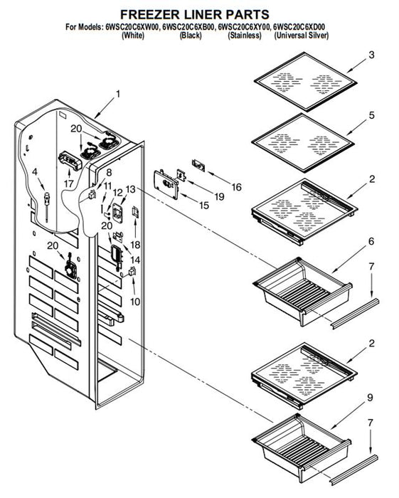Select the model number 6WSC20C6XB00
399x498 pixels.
coord(188,27)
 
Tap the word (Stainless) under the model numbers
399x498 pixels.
coord(245,35)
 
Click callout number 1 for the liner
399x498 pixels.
coord(118,95)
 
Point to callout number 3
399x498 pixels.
coord(371,55)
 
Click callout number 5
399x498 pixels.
coord(372,115)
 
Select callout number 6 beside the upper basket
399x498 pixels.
coord(371,241)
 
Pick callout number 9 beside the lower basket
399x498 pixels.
coord(370,398)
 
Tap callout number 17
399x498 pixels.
coord(68,184)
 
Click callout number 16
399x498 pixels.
coord(236,187)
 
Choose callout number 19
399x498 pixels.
coord(219,197)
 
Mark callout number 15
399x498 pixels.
coord(204,206)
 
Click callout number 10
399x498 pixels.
coord(135,302)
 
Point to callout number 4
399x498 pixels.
coord(35,172)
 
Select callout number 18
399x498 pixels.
coord(135,245)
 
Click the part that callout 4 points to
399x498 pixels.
coord(47,206)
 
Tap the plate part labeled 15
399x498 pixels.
coord(166,184)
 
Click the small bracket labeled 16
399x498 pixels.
coord(198,165)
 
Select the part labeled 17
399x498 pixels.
coord(70,160)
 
